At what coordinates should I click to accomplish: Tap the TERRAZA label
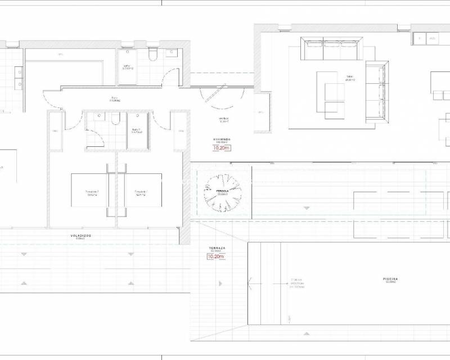217,248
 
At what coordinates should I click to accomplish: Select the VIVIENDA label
221,139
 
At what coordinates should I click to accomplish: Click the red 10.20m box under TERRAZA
219,257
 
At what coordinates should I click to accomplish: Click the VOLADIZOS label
82,236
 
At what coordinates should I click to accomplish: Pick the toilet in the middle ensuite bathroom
115,118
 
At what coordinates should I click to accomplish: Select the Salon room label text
349,78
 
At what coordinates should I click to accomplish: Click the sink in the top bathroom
172,54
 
